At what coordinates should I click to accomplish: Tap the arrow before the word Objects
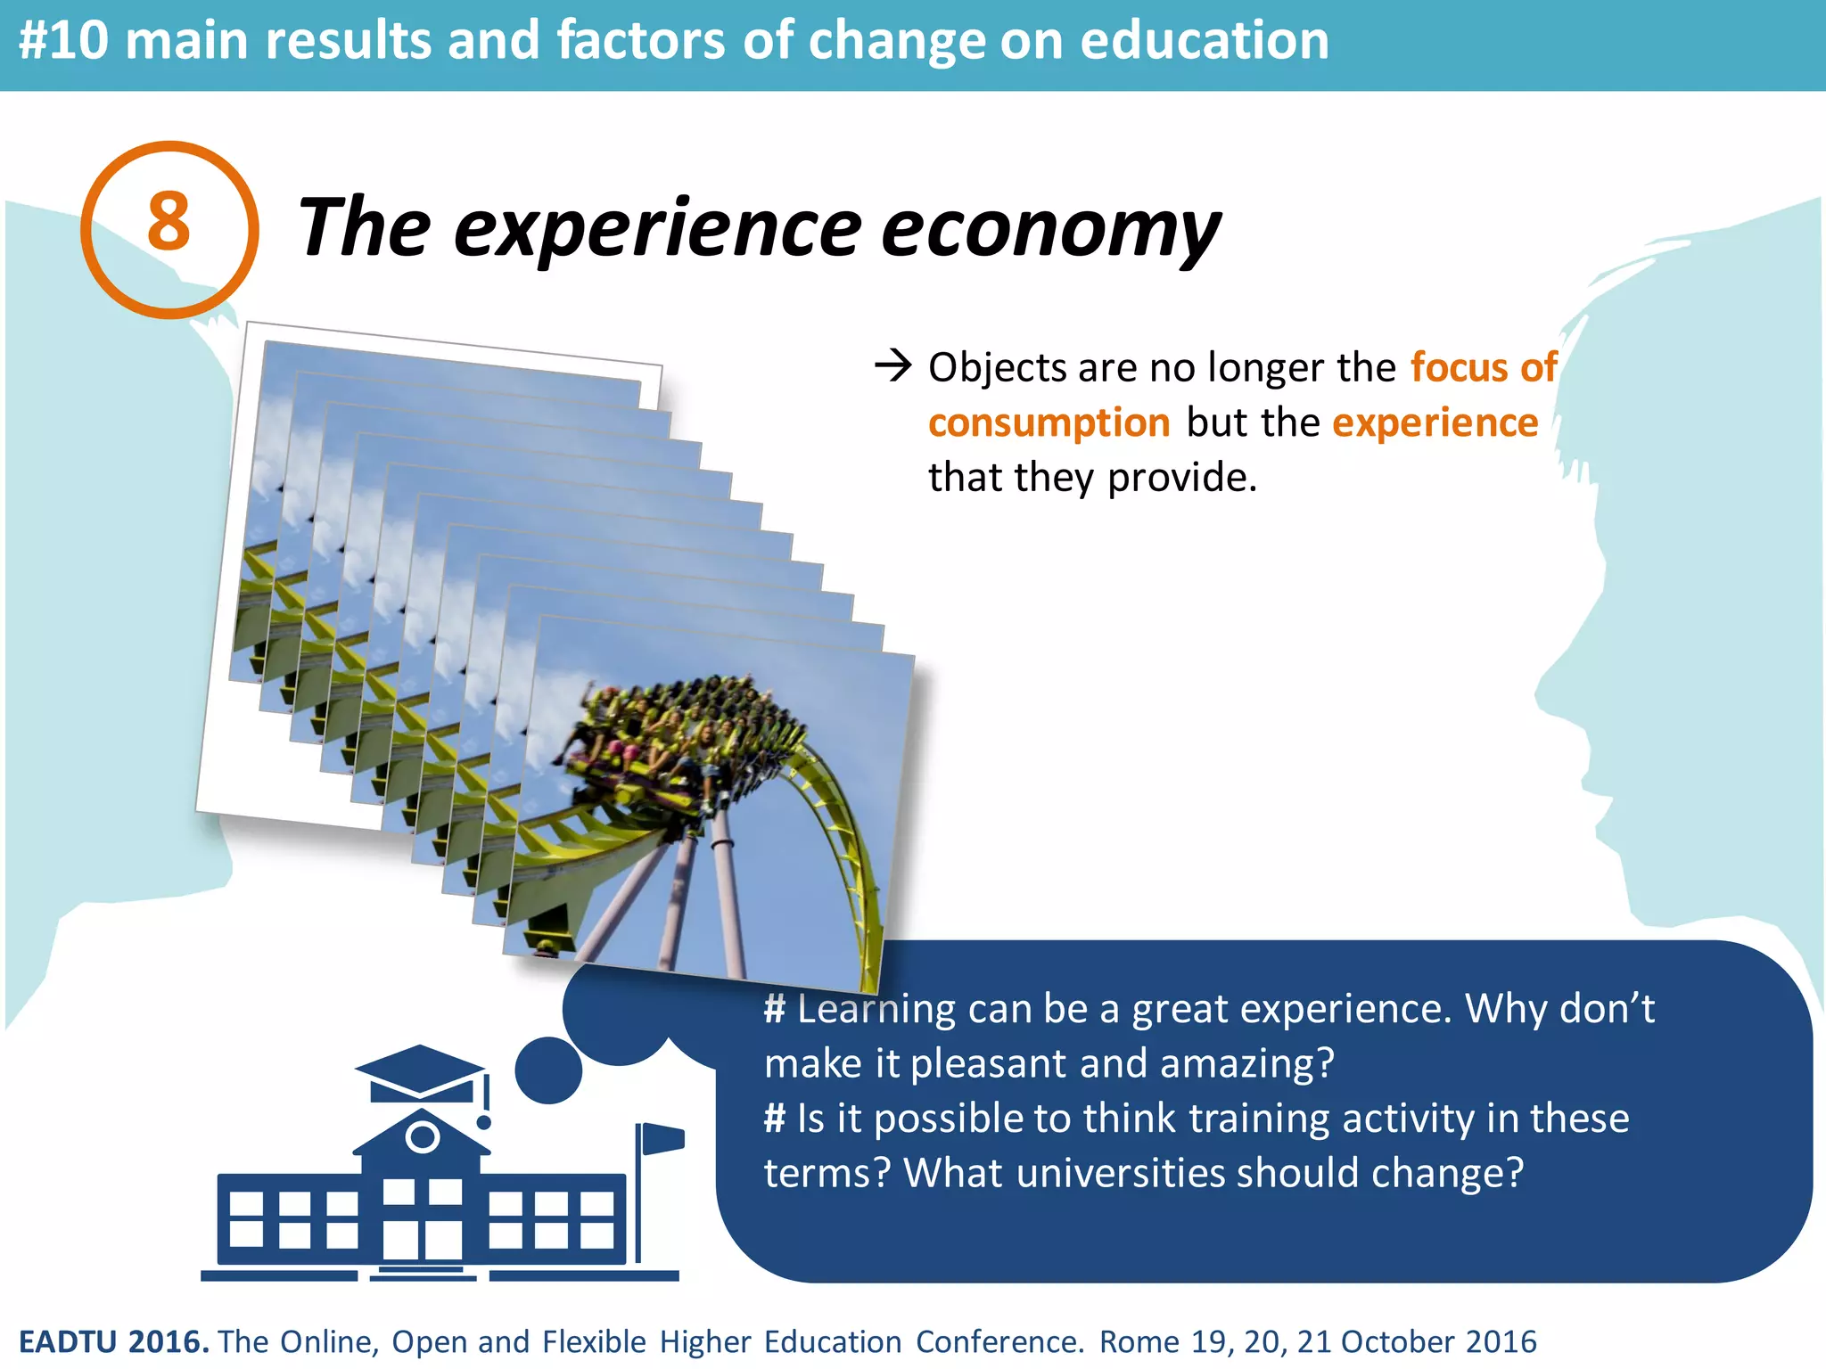tap(892, 365)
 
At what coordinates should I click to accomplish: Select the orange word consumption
tap(1049, 422)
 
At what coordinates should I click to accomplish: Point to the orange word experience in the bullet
tap(1435, 422)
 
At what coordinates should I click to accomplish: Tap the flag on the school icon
tap(662, 1138)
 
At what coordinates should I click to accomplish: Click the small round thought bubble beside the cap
tap(548, 1070)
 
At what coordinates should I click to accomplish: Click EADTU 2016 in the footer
tap(113, 1341)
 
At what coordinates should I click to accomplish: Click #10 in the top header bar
tap(62, 41)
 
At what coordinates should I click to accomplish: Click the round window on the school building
tap(422, 1137)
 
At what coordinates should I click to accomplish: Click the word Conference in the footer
tap(999, 1341)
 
